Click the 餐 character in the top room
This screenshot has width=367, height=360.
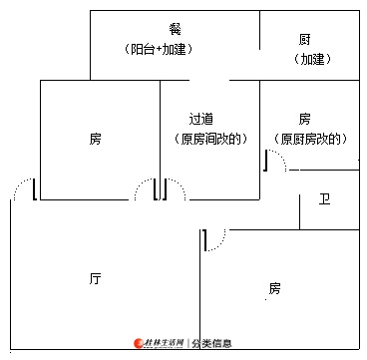175,30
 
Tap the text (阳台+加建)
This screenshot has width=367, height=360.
159,50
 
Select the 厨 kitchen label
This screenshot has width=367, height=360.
304,40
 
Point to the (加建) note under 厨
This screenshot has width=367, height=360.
312,60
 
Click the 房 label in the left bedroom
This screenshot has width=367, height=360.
95,139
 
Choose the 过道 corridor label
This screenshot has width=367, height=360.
201,119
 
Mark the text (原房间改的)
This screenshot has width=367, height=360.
210,139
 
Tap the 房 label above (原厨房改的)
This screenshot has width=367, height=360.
304,119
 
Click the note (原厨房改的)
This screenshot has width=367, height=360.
310,139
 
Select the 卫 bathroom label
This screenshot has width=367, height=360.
324,199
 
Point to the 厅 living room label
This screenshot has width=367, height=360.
95,278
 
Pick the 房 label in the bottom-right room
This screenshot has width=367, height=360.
274,288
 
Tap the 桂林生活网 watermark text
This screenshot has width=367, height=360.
165,343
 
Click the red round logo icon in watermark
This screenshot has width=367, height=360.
139,343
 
